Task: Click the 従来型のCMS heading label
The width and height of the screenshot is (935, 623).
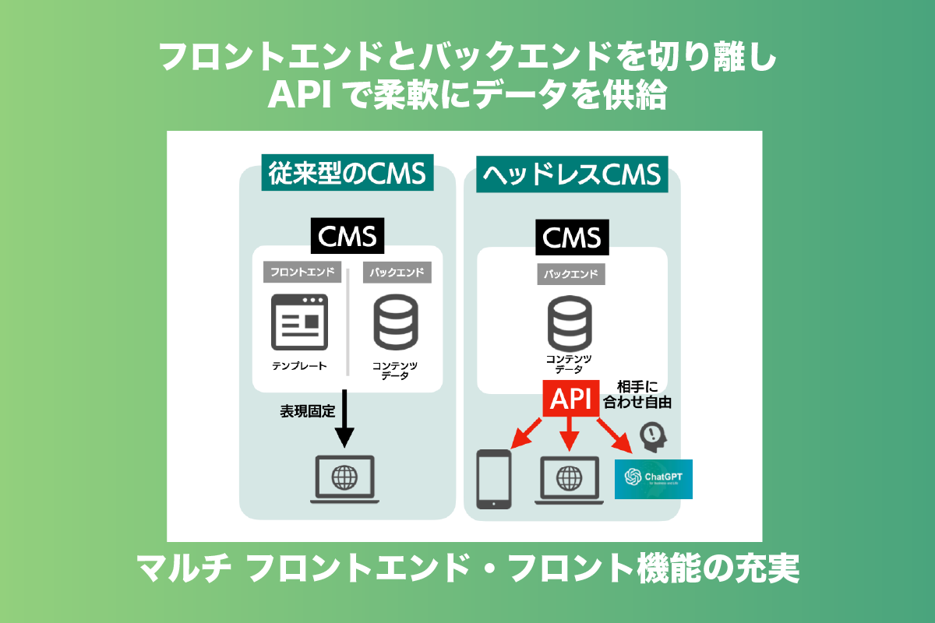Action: point(347,174)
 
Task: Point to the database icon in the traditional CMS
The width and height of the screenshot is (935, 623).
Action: point(395,321)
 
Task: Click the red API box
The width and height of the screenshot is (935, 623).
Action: point(571,399)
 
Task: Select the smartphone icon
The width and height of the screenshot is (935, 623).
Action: point(494,479)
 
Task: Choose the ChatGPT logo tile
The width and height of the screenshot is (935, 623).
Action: point(653,478)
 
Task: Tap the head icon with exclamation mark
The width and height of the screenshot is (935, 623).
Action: point(653,435)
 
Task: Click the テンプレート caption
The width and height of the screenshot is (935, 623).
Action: point(299,365)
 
